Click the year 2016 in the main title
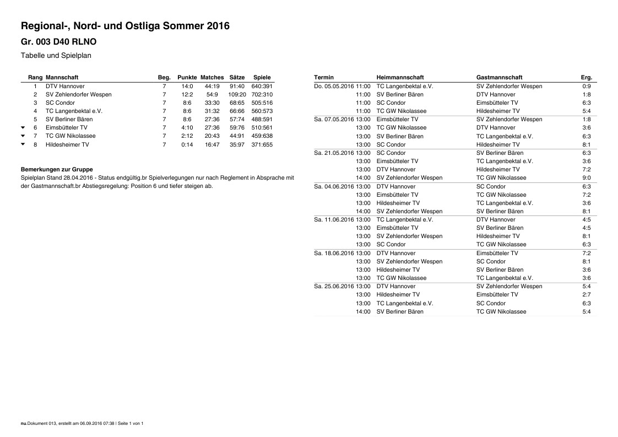(218, 26)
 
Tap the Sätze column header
(237, 78)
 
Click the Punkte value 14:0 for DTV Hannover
(187, 86)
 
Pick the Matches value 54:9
(212, 94)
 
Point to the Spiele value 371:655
(262, 144)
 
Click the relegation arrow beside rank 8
(23, 144)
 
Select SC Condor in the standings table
(60, 102)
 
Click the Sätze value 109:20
(237, 94)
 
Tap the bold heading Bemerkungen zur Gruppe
(57, 169)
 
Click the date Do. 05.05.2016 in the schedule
(334, 86)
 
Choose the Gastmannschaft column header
(499, 78)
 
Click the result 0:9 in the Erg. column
(586, 86)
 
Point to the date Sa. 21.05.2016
(334, 153)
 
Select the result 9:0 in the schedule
(586, 178)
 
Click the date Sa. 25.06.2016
(334, 286)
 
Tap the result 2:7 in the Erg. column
(586, 294)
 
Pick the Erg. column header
(586, 78)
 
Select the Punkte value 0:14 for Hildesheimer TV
(187, 144)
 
